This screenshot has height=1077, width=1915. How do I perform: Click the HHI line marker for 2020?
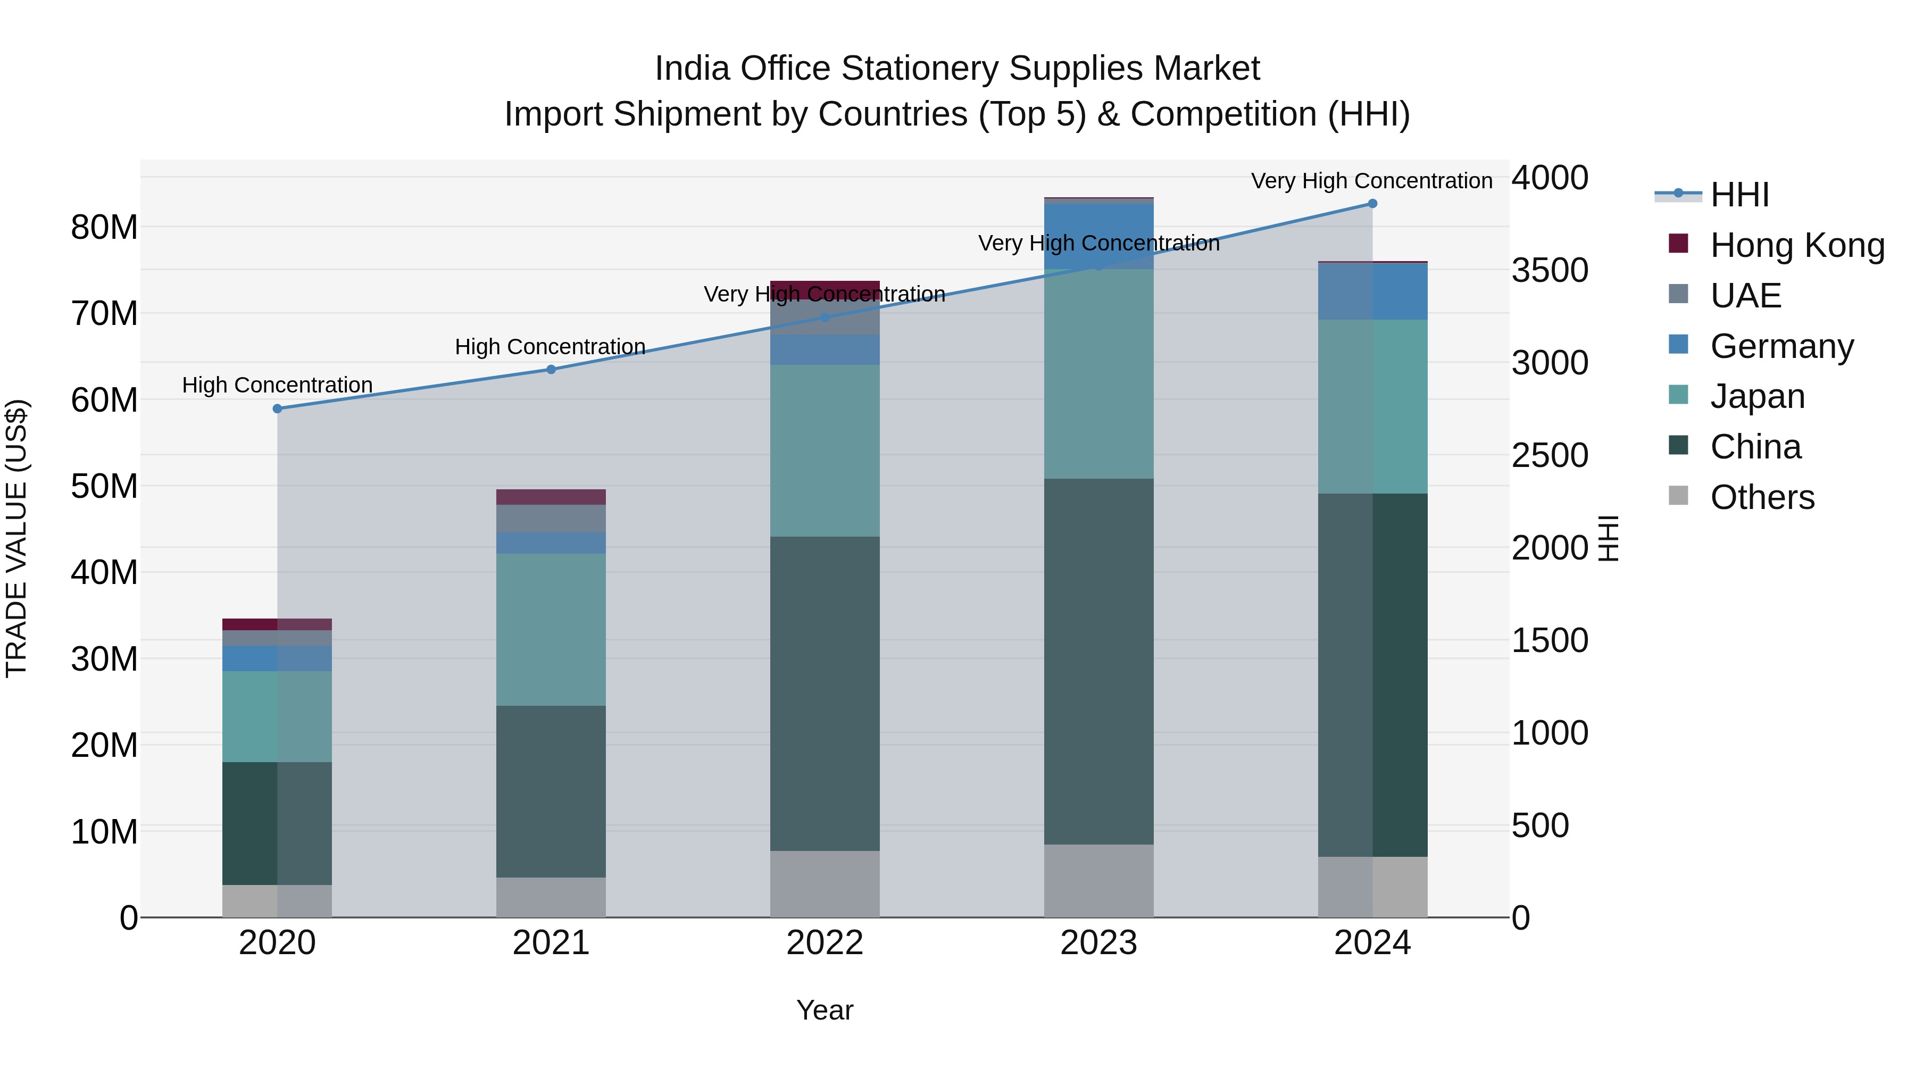[x=277, y=409]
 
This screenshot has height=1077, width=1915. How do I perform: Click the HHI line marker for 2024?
[x=1372, y=204]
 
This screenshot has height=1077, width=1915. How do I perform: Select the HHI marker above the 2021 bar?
[x=551, y=370]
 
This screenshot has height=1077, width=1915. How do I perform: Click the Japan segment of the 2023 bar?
[x=1099, y=374]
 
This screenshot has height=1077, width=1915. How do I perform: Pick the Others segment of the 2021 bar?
[x=551, y=897]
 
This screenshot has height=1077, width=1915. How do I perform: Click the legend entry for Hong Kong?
[x=1797, y=245]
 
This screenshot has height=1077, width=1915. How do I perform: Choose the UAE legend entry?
[x=1745, y=296]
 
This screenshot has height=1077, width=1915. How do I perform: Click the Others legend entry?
[x=1761, y=497]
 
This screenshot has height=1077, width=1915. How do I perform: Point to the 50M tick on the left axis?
[x=104, y=486]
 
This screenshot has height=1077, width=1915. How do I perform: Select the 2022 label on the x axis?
[x=825, y=943]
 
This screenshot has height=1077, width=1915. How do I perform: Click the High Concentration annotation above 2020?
[x=277, y=385]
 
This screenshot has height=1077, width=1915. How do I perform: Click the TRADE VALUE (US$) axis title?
[x=16, y=538]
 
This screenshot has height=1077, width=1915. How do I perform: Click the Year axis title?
[x=825, y=1010]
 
